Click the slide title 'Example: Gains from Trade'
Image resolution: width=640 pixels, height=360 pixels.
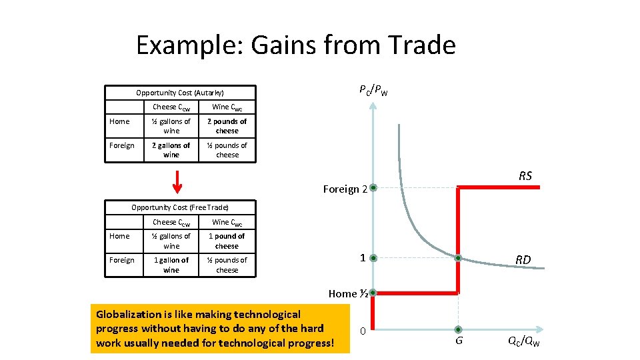(295, 45)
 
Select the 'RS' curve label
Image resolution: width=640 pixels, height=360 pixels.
(525, 176)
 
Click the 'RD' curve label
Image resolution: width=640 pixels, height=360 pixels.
(523, 260)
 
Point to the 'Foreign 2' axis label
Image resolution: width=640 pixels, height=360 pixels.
(345, 189)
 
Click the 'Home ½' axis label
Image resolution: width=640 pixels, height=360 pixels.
(348, 293)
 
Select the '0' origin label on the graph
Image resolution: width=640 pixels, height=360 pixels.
(361, 331)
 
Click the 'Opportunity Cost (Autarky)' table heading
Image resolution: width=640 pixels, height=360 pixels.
(179, 93)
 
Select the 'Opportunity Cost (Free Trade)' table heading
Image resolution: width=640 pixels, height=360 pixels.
(179, 208)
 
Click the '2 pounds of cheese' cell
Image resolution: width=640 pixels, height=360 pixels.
(227, 126)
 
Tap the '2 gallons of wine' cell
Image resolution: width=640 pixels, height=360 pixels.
(171, 150)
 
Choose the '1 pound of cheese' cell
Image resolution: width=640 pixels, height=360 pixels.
(227, 241)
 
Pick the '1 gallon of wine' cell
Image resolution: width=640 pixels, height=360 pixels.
(171, 265)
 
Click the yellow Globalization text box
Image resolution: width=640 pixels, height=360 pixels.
(219, 329)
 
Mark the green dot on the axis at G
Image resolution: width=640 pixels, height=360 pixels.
(458, 329)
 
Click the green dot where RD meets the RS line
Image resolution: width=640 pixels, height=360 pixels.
(458, 258)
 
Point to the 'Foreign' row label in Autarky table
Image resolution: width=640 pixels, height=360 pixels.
(121, 145)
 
